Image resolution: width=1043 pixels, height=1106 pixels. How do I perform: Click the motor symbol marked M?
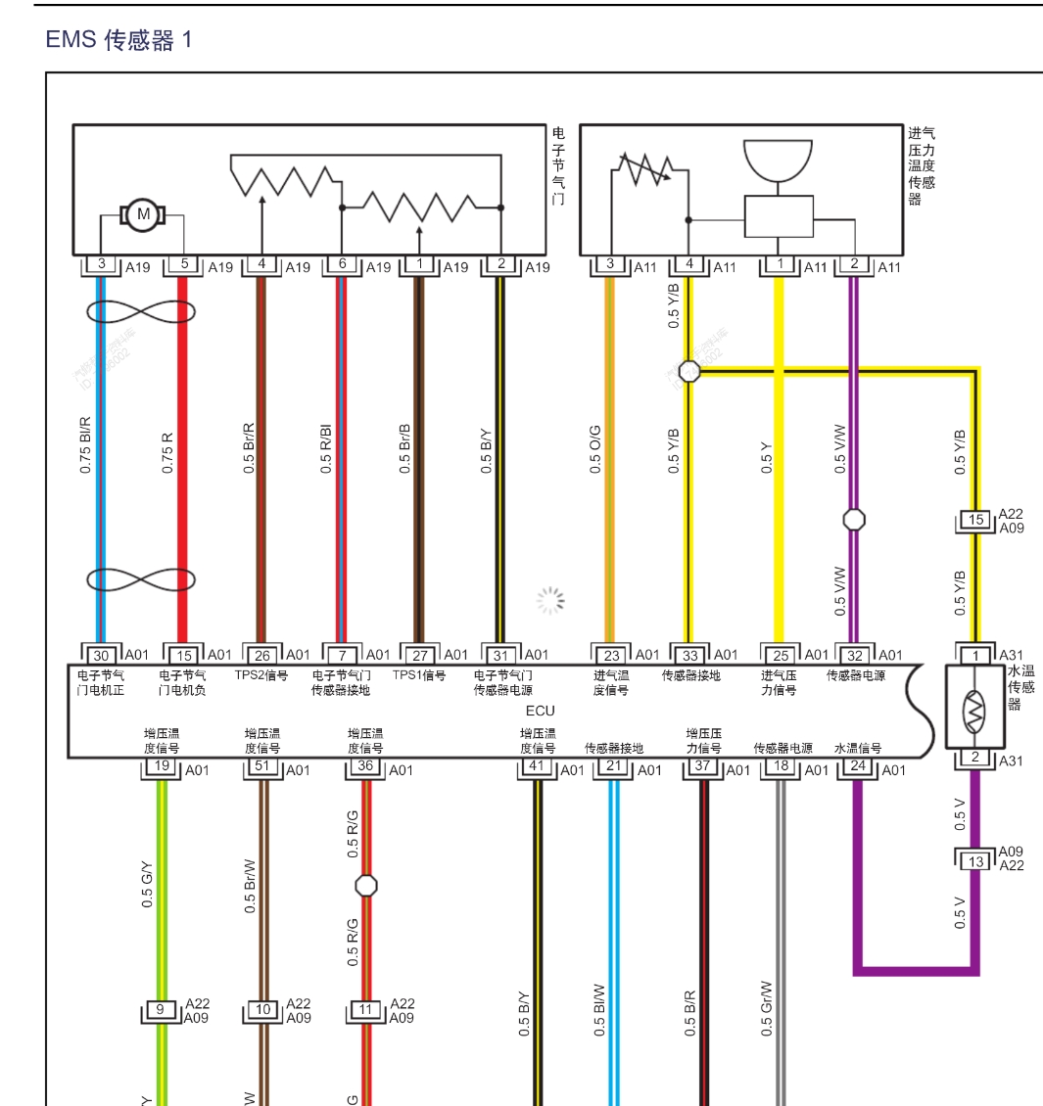143,214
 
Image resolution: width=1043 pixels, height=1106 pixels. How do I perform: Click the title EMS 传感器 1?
119,40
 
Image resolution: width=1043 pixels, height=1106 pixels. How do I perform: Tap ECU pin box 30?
101,655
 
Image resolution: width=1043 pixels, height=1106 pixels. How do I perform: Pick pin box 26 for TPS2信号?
261,655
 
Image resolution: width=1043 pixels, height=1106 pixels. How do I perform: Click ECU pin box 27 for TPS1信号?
419,655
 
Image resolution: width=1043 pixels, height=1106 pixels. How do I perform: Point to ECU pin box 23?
611,655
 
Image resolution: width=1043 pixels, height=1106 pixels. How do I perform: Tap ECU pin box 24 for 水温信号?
858,764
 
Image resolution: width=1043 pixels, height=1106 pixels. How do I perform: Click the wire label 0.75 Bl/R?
85,445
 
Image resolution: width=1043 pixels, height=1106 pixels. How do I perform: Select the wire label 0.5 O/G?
595,450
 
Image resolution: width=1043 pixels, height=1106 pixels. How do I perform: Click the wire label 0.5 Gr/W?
766,1008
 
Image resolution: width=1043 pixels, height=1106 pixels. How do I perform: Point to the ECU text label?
540,711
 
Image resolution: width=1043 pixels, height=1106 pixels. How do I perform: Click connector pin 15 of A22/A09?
975,520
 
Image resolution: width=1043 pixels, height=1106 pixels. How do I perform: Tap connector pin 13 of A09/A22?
975,861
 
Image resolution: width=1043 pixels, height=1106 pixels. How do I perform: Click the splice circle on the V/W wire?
854,520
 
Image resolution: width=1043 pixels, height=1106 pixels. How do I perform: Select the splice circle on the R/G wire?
365,886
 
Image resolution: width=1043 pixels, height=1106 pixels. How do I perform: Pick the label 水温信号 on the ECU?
858,749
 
